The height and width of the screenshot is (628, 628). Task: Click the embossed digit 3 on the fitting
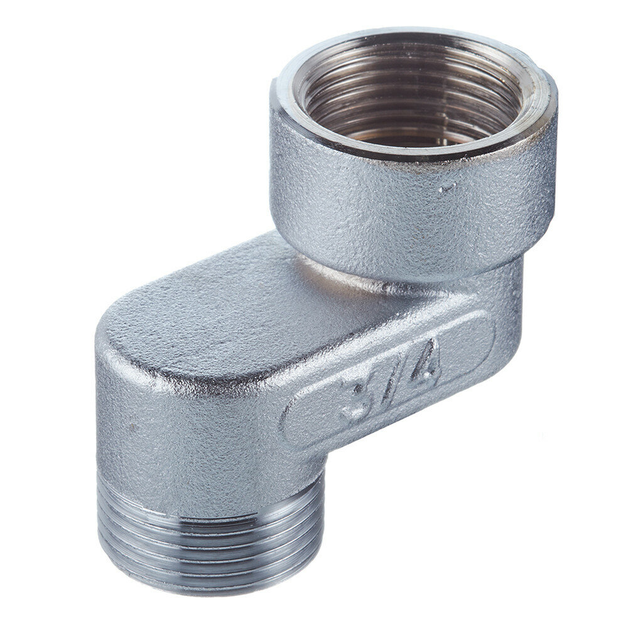[x=355, y=399]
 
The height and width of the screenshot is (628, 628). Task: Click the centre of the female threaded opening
[x=411, y=100]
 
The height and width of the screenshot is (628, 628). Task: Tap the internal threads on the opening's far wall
[x=408, y=69]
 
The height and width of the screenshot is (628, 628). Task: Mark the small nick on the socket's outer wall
[x=447, y=187]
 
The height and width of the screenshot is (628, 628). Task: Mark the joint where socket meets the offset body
[x=352, y=276]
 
